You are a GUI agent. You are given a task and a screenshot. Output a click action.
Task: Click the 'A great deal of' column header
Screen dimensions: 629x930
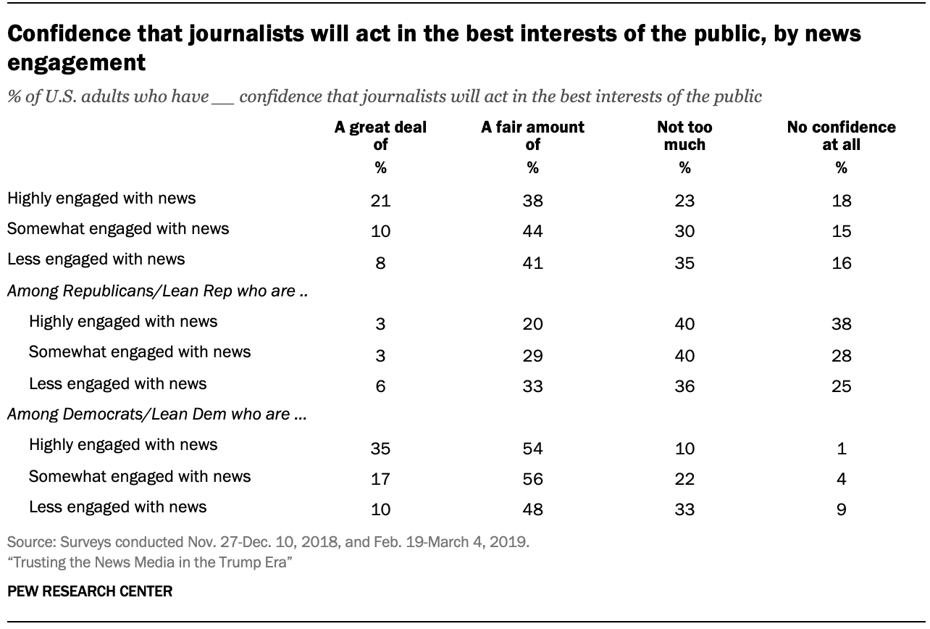coord(380,136)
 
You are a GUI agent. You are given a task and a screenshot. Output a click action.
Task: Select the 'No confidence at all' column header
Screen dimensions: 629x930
coord(841,136)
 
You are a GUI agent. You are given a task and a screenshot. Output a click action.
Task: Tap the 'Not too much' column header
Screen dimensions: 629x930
coord(684,136)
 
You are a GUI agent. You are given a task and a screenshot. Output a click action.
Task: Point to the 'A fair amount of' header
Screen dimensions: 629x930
coord(532,136)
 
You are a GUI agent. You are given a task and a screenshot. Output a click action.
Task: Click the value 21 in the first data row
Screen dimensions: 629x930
coord(380,201)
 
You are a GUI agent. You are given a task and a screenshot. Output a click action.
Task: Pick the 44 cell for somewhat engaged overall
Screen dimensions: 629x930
coord(532,232)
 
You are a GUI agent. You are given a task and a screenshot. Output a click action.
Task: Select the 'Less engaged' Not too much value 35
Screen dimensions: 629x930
coord(684,263)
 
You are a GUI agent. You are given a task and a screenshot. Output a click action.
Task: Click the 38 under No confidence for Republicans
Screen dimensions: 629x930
coord(841,325)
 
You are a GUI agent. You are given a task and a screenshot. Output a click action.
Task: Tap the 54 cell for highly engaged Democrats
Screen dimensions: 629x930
coord(532,448)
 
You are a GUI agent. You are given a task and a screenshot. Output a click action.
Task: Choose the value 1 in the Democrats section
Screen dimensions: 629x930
coord(841,448)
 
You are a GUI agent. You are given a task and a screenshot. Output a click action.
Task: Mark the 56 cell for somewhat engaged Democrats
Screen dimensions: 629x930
coord(532,479)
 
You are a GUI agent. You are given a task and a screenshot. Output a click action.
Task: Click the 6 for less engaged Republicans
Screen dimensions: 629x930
coord(380,386)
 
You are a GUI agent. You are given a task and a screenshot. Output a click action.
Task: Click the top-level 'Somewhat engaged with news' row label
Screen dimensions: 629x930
coord(117,228)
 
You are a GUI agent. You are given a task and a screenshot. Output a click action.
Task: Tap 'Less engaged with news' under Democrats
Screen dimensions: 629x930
coord(117,507)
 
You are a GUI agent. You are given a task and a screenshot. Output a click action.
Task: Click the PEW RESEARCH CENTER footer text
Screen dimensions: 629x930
coord(90,591)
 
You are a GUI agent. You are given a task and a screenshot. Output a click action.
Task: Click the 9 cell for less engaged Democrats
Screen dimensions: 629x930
coord(841,509)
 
